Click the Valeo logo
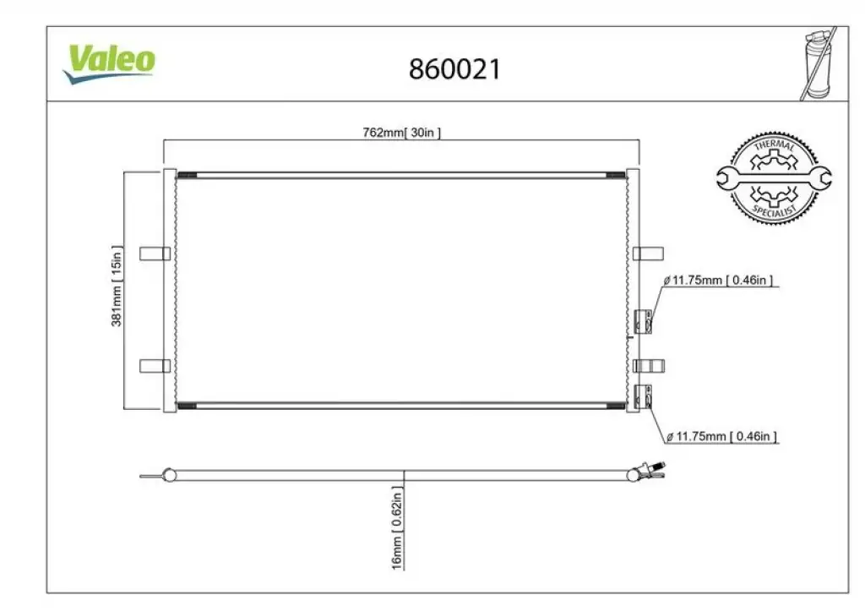(x=109, y=64)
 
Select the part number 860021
(x=454, y=69)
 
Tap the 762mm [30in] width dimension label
(x=401, y=133)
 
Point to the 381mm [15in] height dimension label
(x=117, y=286)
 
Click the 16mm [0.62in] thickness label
(x=397, y=527)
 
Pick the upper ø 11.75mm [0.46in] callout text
(x=718, y=281)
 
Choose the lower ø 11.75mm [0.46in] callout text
(x=721, y=437)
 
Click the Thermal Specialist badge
(x=774, y=178)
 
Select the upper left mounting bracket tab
(x=155, y=254)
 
